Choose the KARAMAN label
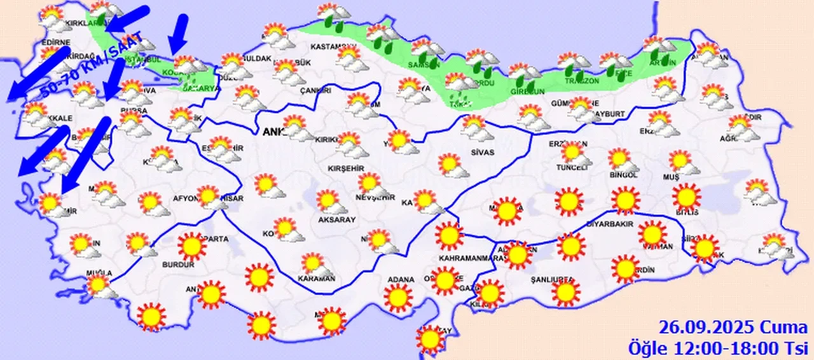click(316, 279)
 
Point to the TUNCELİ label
click(571, 168)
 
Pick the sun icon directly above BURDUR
click(191, 247)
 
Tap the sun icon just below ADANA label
click(398, 297)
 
